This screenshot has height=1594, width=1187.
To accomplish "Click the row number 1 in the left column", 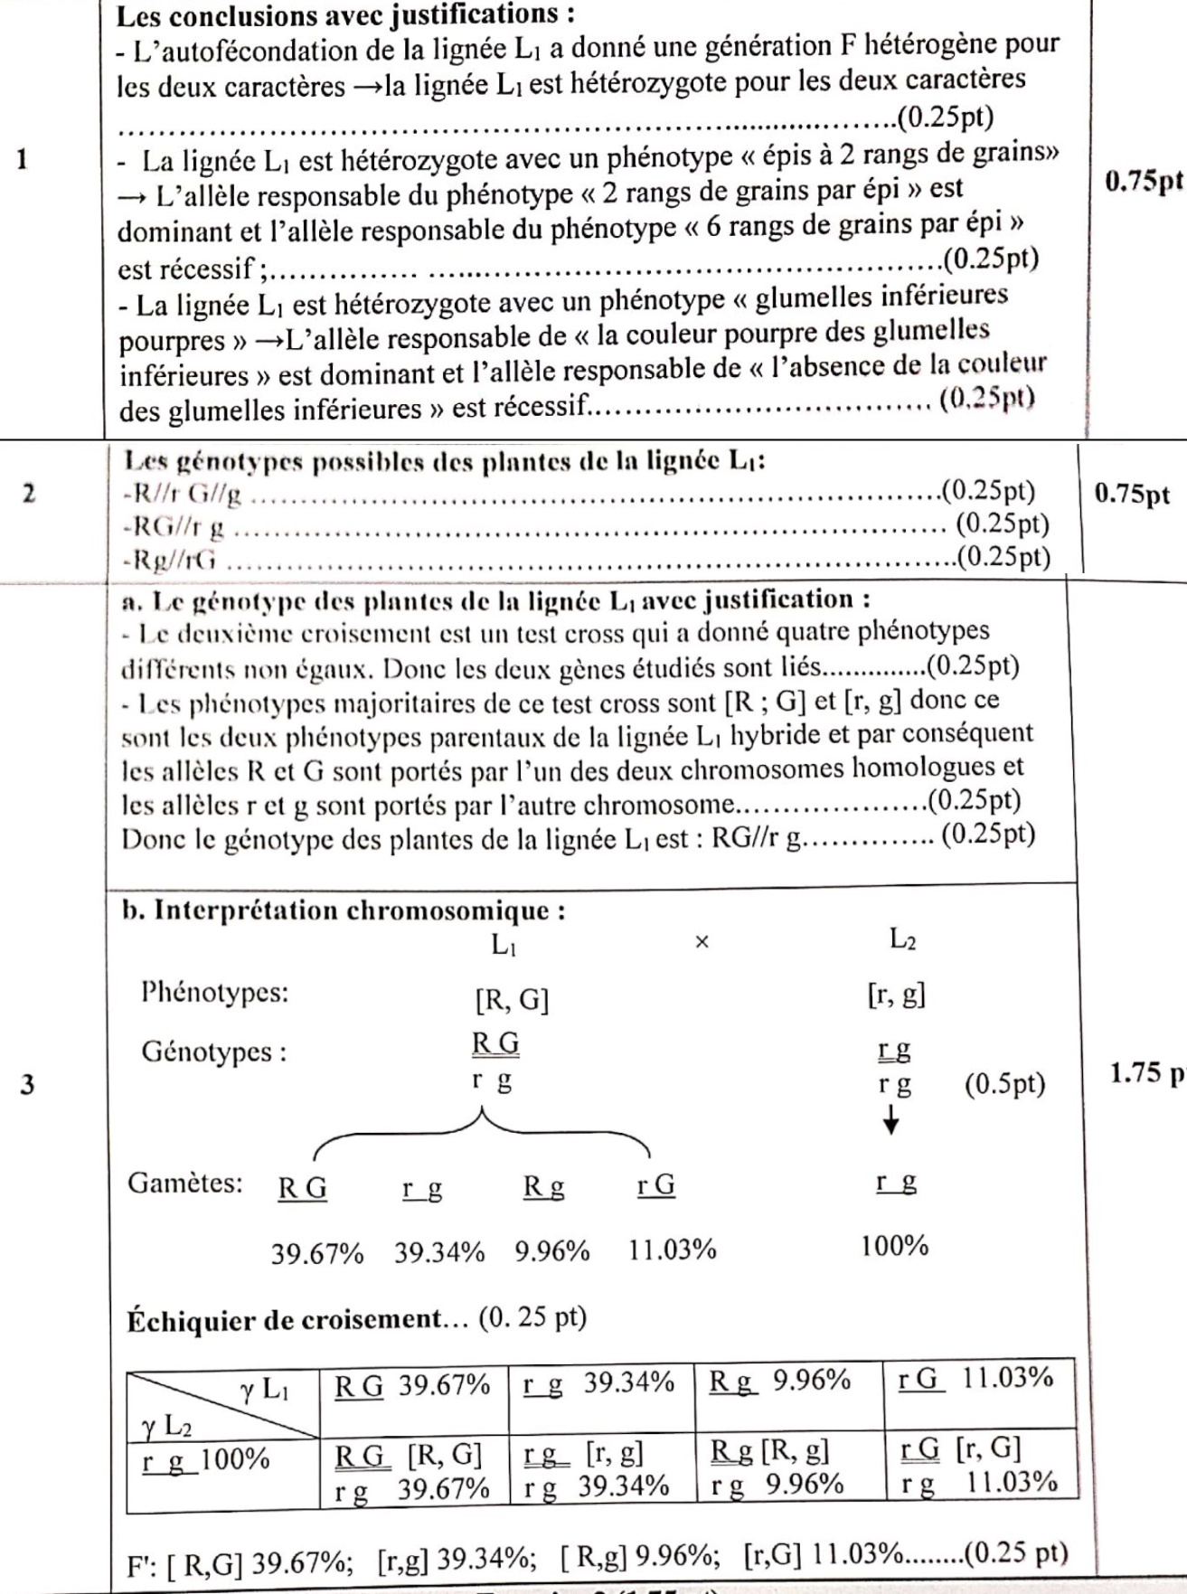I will [x=24, y=160].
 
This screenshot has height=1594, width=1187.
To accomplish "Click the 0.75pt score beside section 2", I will [x=1132, y=494].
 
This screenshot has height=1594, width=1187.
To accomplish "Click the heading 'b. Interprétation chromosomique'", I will [x=344, y=910].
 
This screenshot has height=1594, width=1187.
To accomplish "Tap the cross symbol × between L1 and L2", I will [x=702, y=942].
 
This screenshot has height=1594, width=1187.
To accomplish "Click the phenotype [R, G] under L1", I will [x=512, y=1000].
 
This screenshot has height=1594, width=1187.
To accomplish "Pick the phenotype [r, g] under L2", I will [x=896, y=995].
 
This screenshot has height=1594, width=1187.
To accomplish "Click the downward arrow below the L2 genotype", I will [x=891, y=1122].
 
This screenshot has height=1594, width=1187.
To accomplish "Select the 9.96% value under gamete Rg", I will [x=551, y=1252].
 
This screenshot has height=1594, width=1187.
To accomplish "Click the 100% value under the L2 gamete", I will [x=894, y=1247].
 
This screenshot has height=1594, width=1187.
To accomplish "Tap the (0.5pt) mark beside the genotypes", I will [x=1004, y=1084].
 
